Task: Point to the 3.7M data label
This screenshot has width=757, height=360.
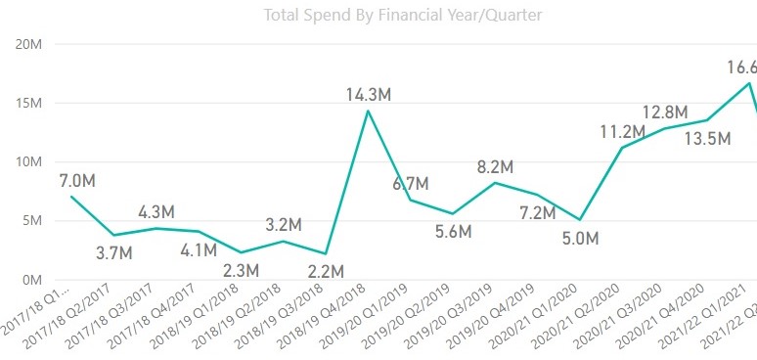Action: point(115,253)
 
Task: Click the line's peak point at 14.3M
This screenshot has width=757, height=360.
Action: point(367,111)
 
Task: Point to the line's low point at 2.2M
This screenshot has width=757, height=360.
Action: point(325,253)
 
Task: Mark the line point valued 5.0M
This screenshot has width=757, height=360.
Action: point(582,220)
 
